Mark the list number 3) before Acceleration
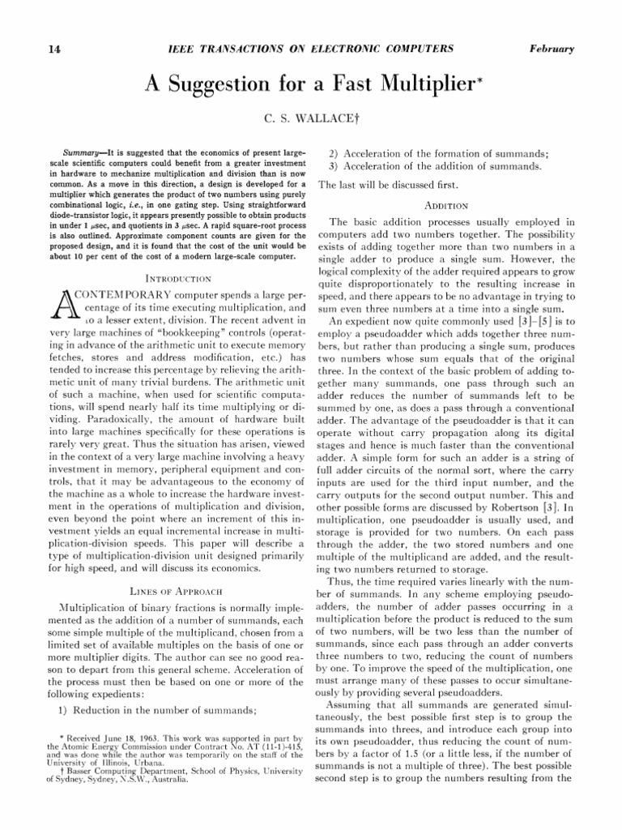(333, 166)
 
